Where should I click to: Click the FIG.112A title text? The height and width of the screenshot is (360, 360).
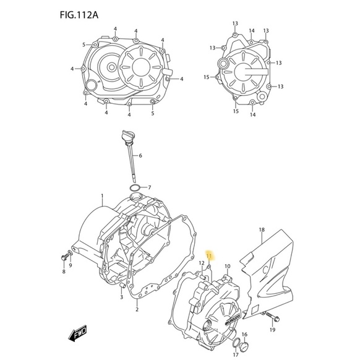click(79, 15)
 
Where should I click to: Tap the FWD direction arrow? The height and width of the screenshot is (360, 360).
click(77, 333)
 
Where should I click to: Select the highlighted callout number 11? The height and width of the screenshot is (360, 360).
click(209, 255)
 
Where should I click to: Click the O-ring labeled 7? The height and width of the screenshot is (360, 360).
click(135, 187)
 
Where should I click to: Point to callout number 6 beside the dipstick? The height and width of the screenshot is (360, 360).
click(140, 155)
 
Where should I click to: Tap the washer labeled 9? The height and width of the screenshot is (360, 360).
click(71, 254)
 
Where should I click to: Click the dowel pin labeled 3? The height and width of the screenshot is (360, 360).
click(122, 286)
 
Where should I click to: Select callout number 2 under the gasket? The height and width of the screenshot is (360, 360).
click(137, 309)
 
